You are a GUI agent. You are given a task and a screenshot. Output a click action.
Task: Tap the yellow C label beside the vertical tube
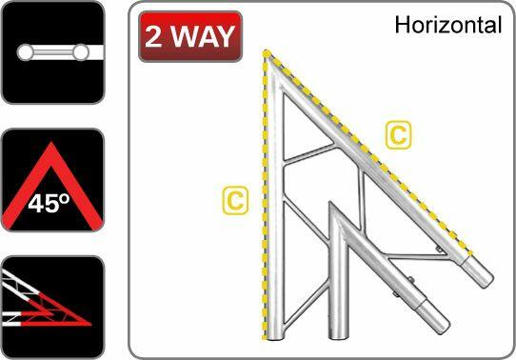[x=233, y=200]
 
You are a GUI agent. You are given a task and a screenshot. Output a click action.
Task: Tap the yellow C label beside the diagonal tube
[x=400, y=137]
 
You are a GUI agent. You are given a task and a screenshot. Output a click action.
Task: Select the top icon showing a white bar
[x=50, y=51]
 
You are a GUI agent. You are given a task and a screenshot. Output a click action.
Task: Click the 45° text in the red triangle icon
[x=51, y=203]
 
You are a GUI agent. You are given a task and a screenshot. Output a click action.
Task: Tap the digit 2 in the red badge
[x=156, y=37]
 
